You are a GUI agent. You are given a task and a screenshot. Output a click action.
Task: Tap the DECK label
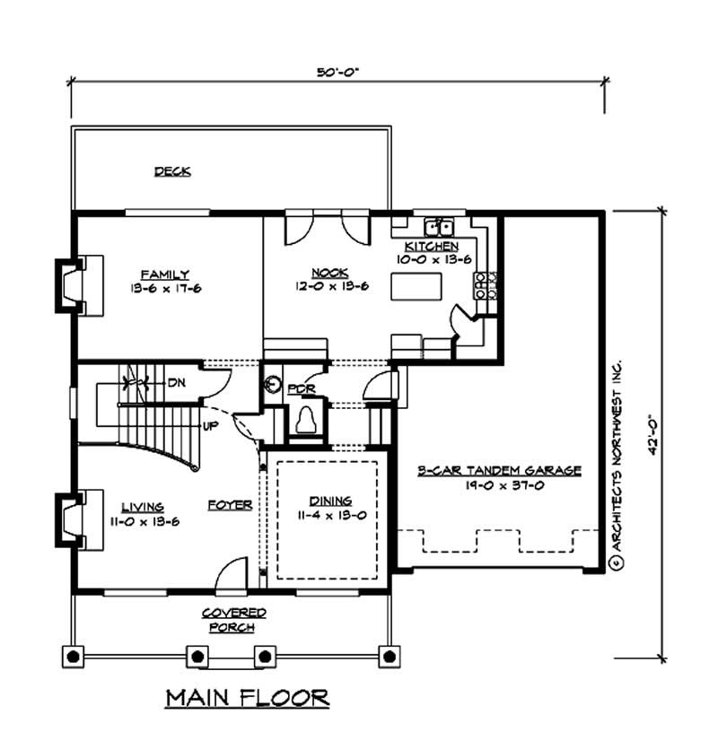click(172, 170)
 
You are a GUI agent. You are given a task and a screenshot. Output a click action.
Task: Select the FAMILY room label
click(164, 274)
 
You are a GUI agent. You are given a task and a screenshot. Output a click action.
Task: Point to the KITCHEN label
click(432, 246)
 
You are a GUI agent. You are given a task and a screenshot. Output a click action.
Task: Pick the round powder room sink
click(275, 386)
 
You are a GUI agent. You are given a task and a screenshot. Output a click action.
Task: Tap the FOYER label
click(229, 505)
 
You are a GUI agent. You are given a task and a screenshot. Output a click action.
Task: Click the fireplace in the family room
click(72, 285)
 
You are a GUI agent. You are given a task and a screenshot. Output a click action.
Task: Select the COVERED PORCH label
click(233, 619)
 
